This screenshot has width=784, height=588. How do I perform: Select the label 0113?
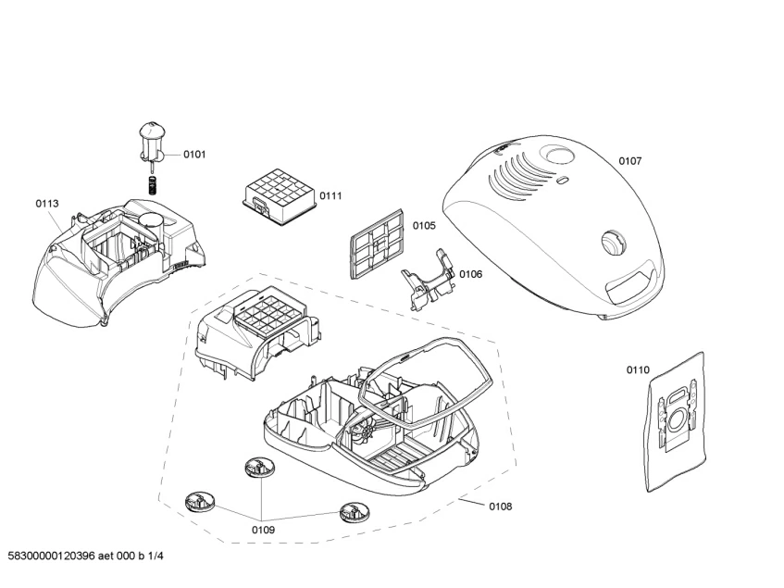coord(47,204)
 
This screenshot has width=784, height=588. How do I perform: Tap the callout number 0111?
coord(330,195)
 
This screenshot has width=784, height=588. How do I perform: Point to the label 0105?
coord(424,225)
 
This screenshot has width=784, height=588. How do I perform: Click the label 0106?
coord(470,273)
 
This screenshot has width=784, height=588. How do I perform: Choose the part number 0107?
coord(630,161)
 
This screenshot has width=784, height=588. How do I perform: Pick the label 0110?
coord(638,370)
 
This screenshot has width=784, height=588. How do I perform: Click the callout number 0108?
coord(500,507)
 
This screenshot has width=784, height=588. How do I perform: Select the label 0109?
coord(263,530)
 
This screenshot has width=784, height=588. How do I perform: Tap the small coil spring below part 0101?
coord(154,181)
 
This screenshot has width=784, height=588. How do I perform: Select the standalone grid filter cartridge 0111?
coord(276,198)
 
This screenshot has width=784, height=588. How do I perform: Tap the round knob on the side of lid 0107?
coord(610,242)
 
